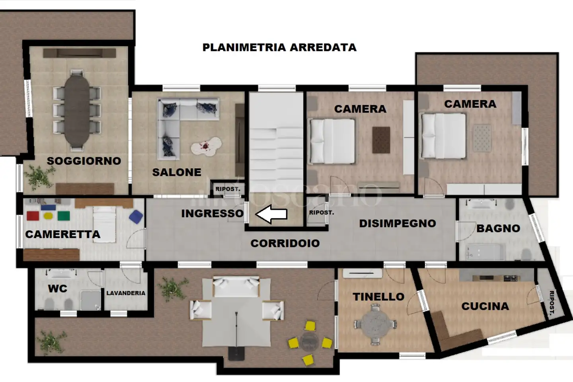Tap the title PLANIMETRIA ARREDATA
(279, 47)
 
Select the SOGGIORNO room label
(84, 161)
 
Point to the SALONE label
(177, 172)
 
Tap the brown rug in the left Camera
(381, 140)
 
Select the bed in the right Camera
(443, 136)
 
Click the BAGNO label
(498, 228)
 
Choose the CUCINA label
(485, 306)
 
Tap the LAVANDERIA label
(126, 293)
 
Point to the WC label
(58, 289)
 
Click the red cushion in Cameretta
(33, 216)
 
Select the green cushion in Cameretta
(63, 216)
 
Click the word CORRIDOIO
(285, 243)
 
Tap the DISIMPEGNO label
(398, 224)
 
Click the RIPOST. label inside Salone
(228, 189)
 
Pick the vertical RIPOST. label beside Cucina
(552, 303)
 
